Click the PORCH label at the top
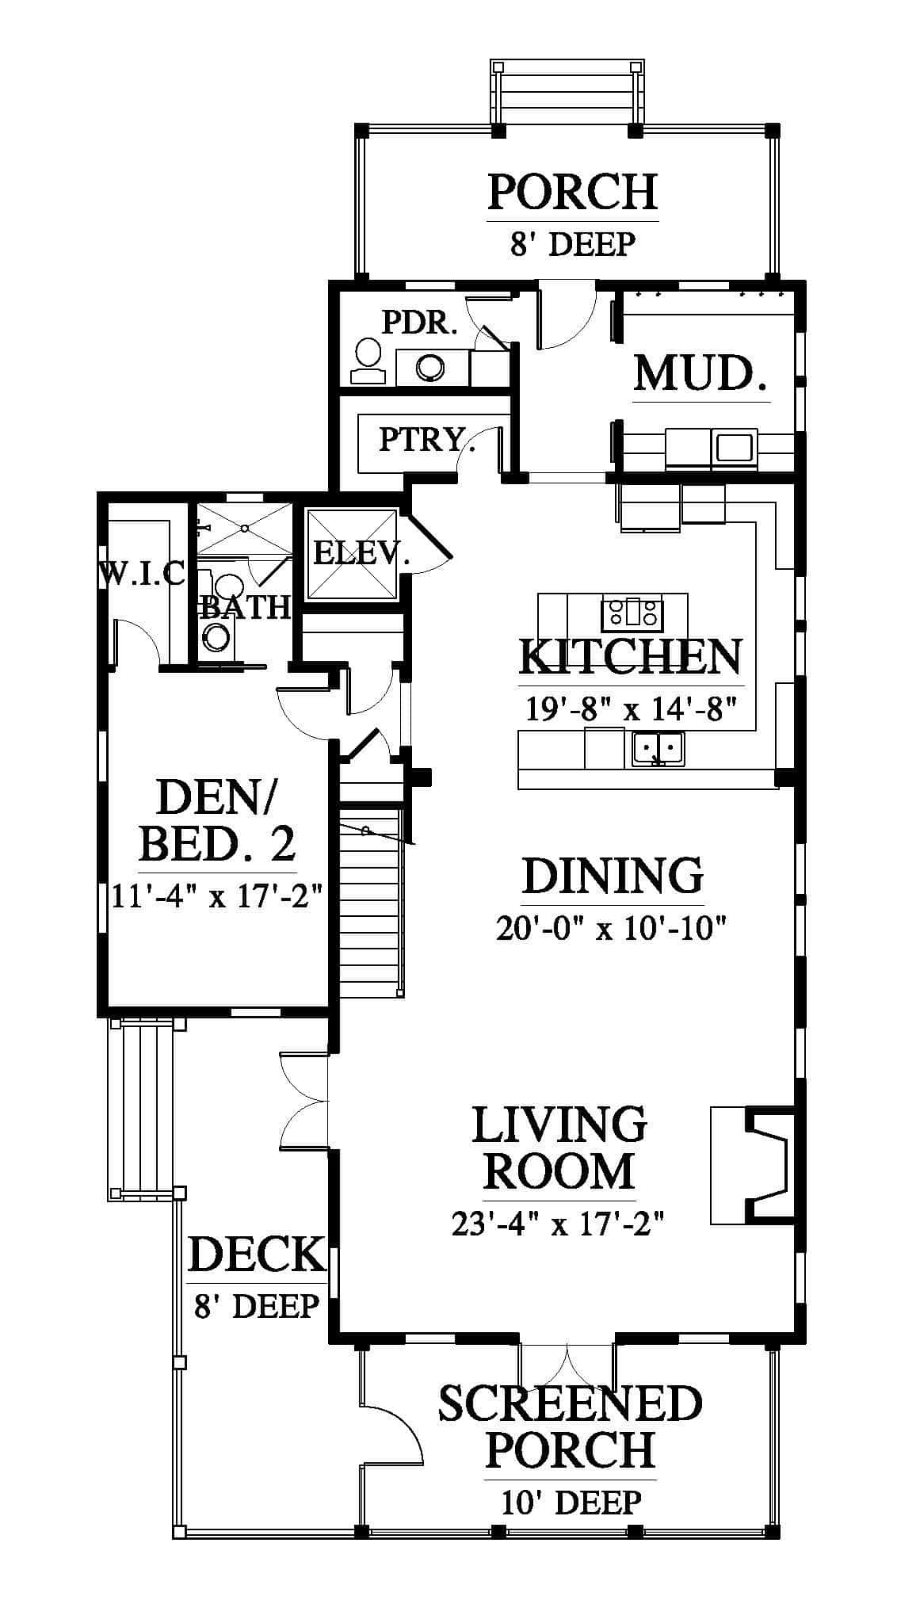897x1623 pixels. (572, 191)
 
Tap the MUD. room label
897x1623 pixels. (700, 373)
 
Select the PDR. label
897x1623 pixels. (420, 323)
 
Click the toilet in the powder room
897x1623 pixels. (367, 362)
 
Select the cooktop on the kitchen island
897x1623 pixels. (632, 613)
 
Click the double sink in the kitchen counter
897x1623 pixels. (658, 748)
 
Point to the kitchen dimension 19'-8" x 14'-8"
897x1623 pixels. (632, 708)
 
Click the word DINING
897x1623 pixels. (613, 876)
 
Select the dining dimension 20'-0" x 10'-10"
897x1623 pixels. (612, 927)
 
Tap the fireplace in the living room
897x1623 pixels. (752, 1165)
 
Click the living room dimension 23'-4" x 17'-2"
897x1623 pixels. (557, 1225)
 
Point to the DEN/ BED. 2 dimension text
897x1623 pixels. (216, 898)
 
